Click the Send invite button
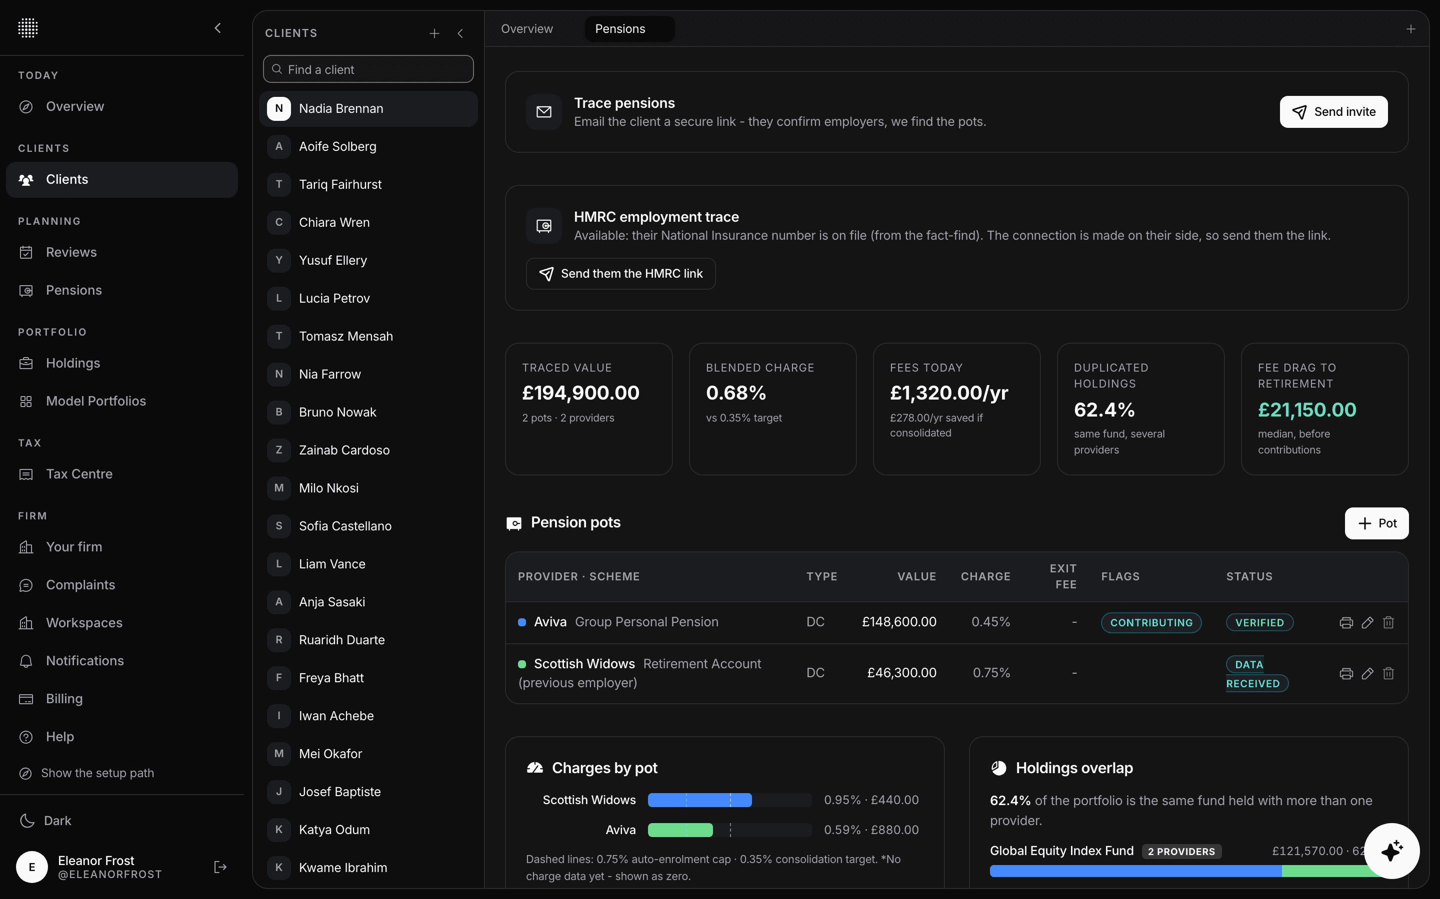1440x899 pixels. (1333, 112)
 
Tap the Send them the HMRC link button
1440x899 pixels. (620, 274)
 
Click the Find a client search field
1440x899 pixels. (368, 69)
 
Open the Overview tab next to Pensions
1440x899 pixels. (526, 28)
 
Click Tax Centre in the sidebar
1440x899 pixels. (79, 474)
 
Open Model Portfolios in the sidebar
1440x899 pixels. (96, 401)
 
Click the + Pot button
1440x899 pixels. (1376, 523)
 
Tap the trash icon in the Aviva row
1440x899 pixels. (1388, 622)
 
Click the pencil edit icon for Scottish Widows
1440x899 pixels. (1367, 673)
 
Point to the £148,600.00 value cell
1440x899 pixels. (898, 622)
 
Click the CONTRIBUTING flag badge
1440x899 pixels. (1151, 622)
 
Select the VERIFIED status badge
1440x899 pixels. (1259, 622)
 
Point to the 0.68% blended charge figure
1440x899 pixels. (735, 393)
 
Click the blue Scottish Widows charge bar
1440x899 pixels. (699, 800)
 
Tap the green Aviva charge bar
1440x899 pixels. (680, 830)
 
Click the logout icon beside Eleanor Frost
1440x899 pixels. (219, 867)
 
